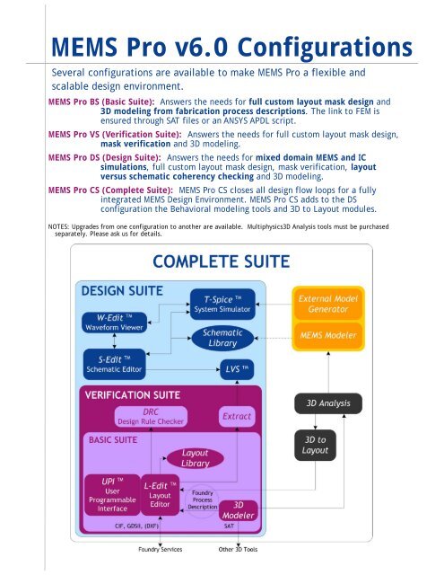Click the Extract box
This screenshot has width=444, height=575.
click(238, 417)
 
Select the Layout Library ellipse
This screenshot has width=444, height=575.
click(195, 458)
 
